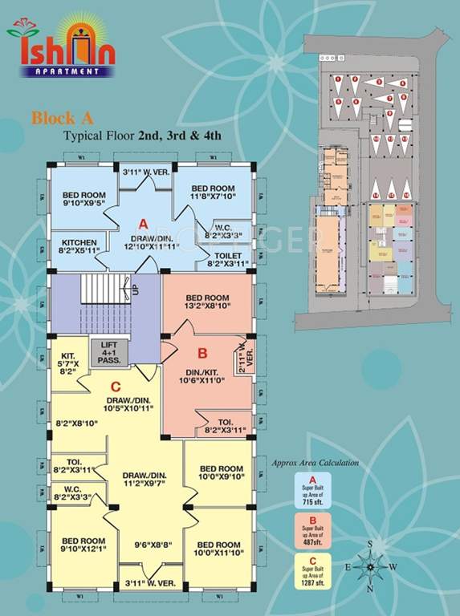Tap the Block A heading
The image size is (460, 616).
tap(57, 119)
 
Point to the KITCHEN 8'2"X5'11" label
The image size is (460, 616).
tap(79, 247)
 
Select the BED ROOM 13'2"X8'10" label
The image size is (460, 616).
tap(210, 300)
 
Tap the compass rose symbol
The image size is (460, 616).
tap(370, 566)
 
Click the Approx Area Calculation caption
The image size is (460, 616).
tap(315, 463)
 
